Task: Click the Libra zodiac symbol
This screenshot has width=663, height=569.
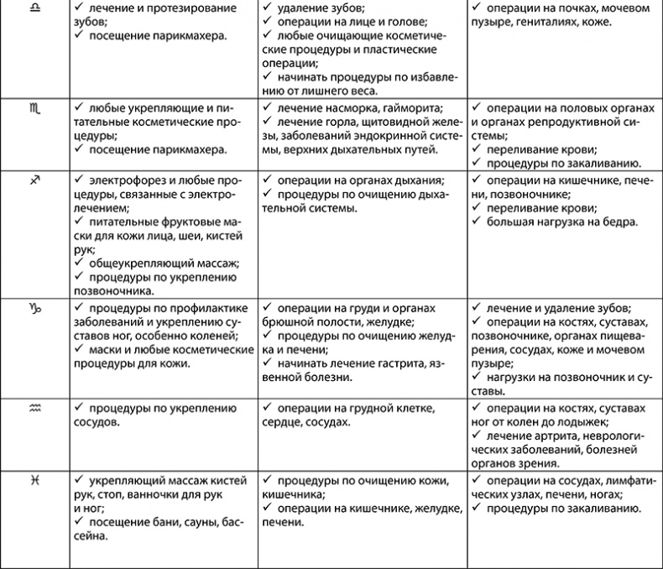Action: click(34, 7)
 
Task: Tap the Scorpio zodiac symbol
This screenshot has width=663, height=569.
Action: click(34, 107)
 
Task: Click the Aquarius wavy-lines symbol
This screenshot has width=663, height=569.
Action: click(34, 408)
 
